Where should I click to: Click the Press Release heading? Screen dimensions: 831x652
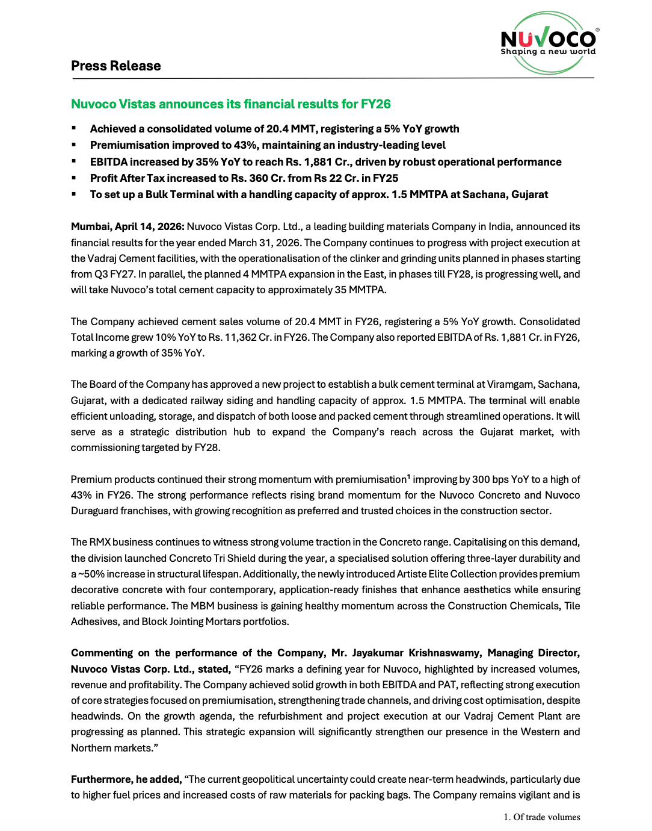[115, 66]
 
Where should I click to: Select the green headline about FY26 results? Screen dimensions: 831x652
[230, 104]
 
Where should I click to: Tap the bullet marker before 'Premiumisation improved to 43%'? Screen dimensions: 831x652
[74, 145]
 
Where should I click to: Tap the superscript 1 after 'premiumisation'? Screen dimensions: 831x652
[408, 477]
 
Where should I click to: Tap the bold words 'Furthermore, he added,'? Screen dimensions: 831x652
[126, 779]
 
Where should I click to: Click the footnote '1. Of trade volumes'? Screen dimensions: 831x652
[542, 817]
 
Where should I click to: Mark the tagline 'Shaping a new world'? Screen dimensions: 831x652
[548, 52]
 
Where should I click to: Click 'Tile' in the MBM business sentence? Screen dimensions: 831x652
[571, 606]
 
